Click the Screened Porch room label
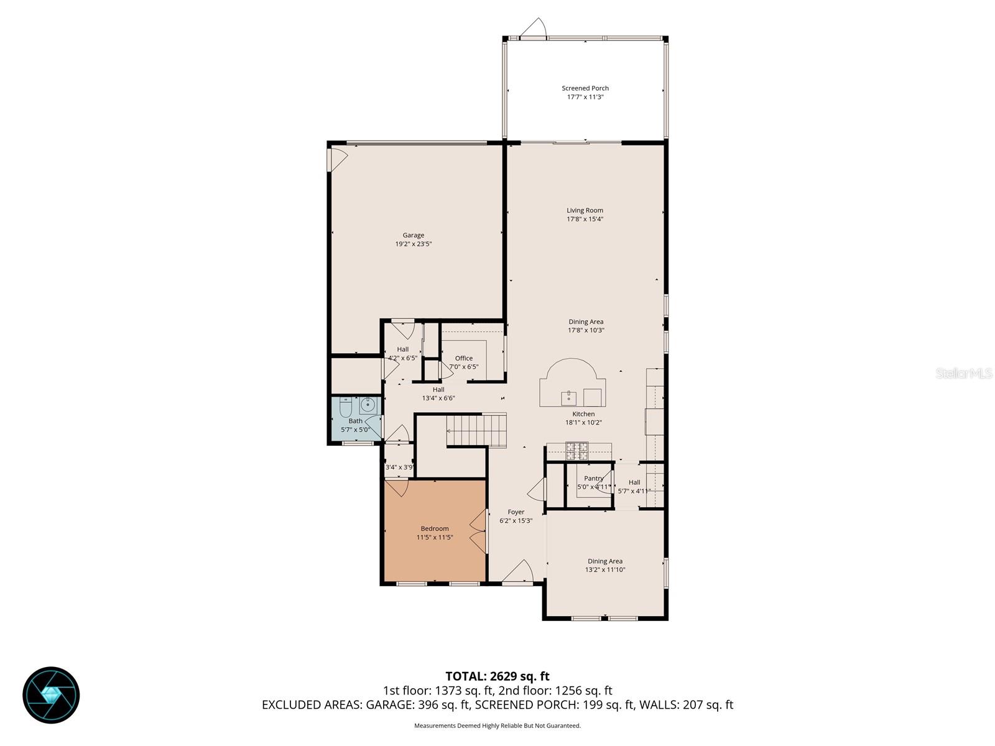click(585, 88)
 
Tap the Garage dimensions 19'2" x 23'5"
click(413, 244)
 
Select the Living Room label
click(585, 210)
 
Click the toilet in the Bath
click(346, 407)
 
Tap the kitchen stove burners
click(576, 451)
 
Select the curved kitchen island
click(572, 385)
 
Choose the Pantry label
click(593, 478)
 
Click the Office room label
click(464, 358)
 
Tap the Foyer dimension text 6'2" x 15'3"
click(516, 521)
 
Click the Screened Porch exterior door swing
click(534, 29)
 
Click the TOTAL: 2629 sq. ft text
click(497, 676)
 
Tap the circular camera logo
click(51, 695)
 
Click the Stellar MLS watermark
click(964, 374)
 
